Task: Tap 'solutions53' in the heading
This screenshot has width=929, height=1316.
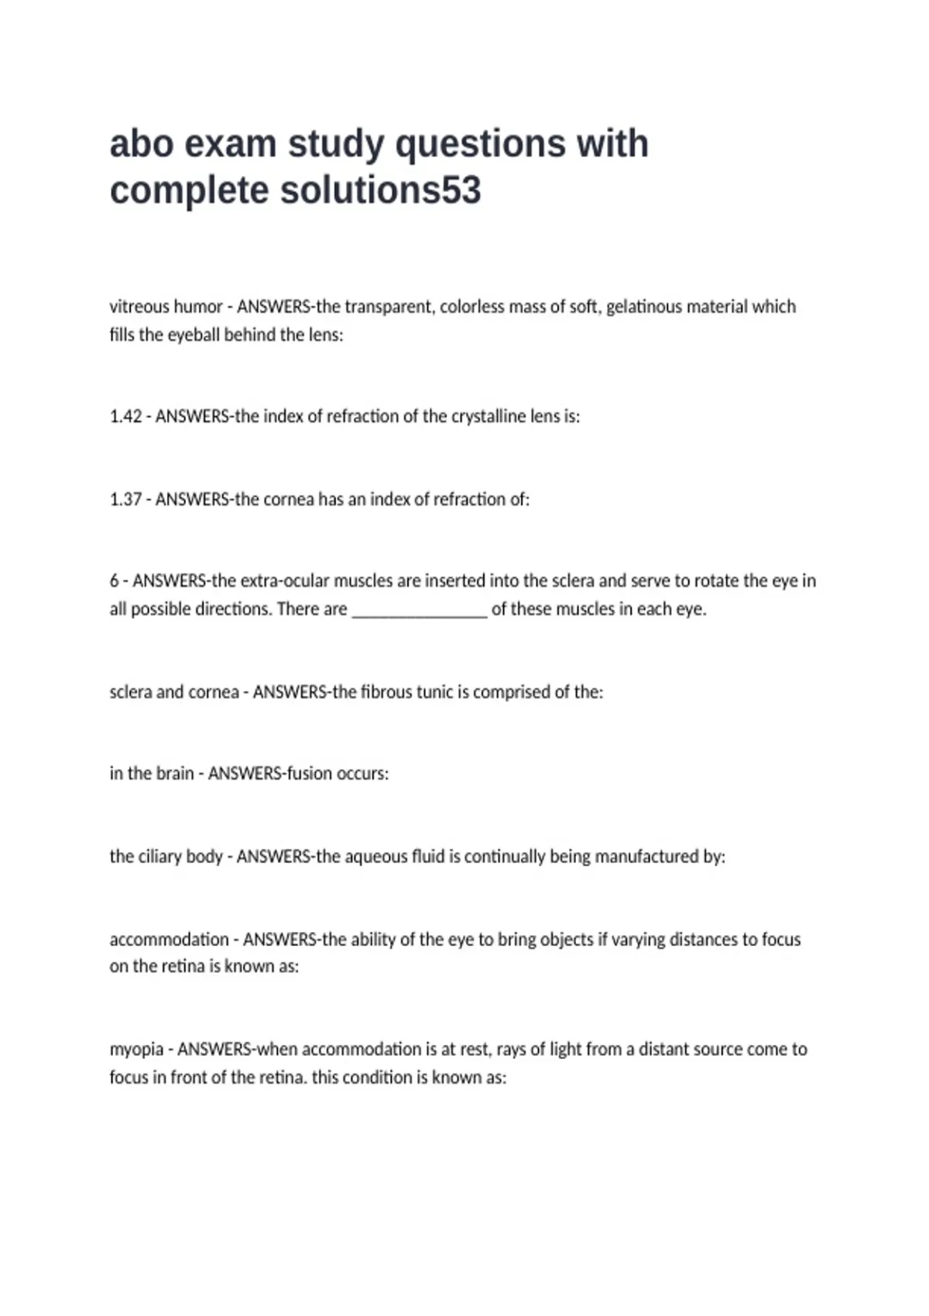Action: click(380, 190)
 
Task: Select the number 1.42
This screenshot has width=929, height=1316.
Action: click(125, 416)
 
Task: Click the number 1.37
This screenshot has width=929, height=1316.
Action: click(125, 499)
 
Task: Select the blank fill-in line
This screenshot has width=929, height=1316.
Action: click(420, 610)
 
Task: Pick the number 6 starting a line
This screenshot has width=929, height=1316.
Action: click(114, 581)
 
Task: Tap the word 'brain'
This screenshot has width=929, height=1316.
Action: click(174, 773)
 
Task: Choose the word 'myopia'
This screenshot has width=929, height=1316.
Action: click(136, 1050)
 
